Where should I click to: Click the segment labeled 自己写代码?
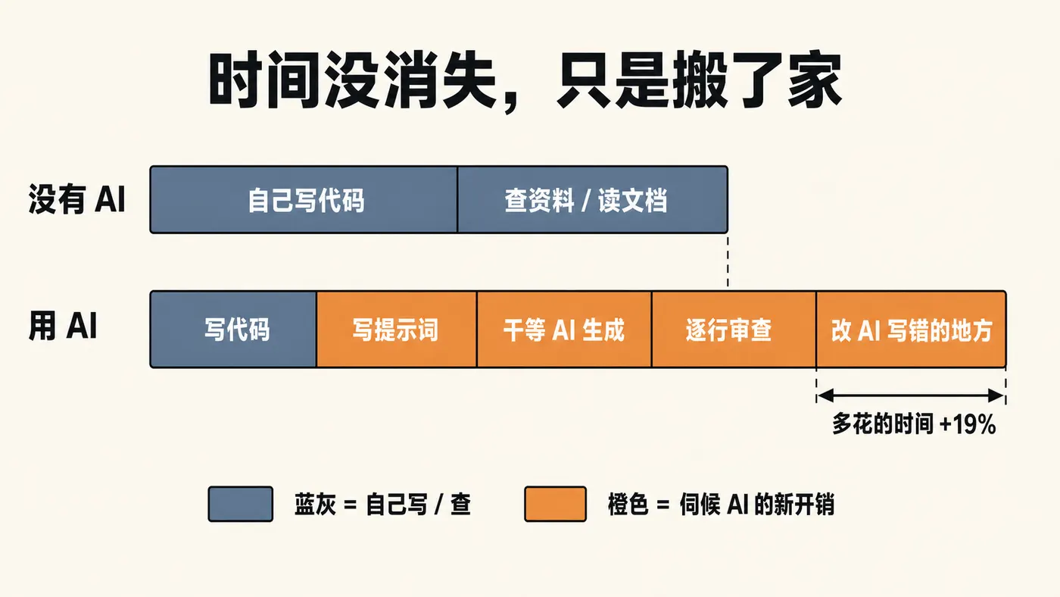(x=304, y=200)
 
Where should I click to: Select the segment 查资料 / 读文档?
(x=592, y=200)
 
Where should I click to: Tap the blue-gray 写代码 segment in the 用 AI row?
(x=233, y=330)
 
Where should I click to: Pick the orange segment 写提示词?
(x=397, y=330)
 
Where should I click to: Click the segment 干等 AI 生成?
(x=564, y=330)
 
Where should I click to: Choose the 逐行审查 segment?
(x=734, y=330)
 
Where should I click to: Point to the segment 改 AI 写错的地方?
(x=912, y=330)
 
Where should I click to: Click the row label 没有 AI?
(x=76, y=199)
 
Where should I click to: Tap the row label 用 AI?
(x=63, y=326)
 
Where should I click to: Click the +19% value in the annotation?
(x=968, y=424)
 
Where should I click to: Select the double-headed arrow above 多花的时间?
(x=911, y=395)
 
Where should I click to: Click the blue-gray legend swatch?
(x=241, y=505)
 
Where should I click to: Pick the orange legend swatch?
(x=556, y=505)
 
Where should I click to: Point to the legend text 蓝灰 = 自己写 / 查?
(x=382, y=505)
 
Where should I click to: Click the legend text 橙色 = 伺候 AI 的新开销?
(x=721, y=505)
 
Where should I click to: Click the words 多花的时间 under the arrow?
(x=883, y=424)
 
